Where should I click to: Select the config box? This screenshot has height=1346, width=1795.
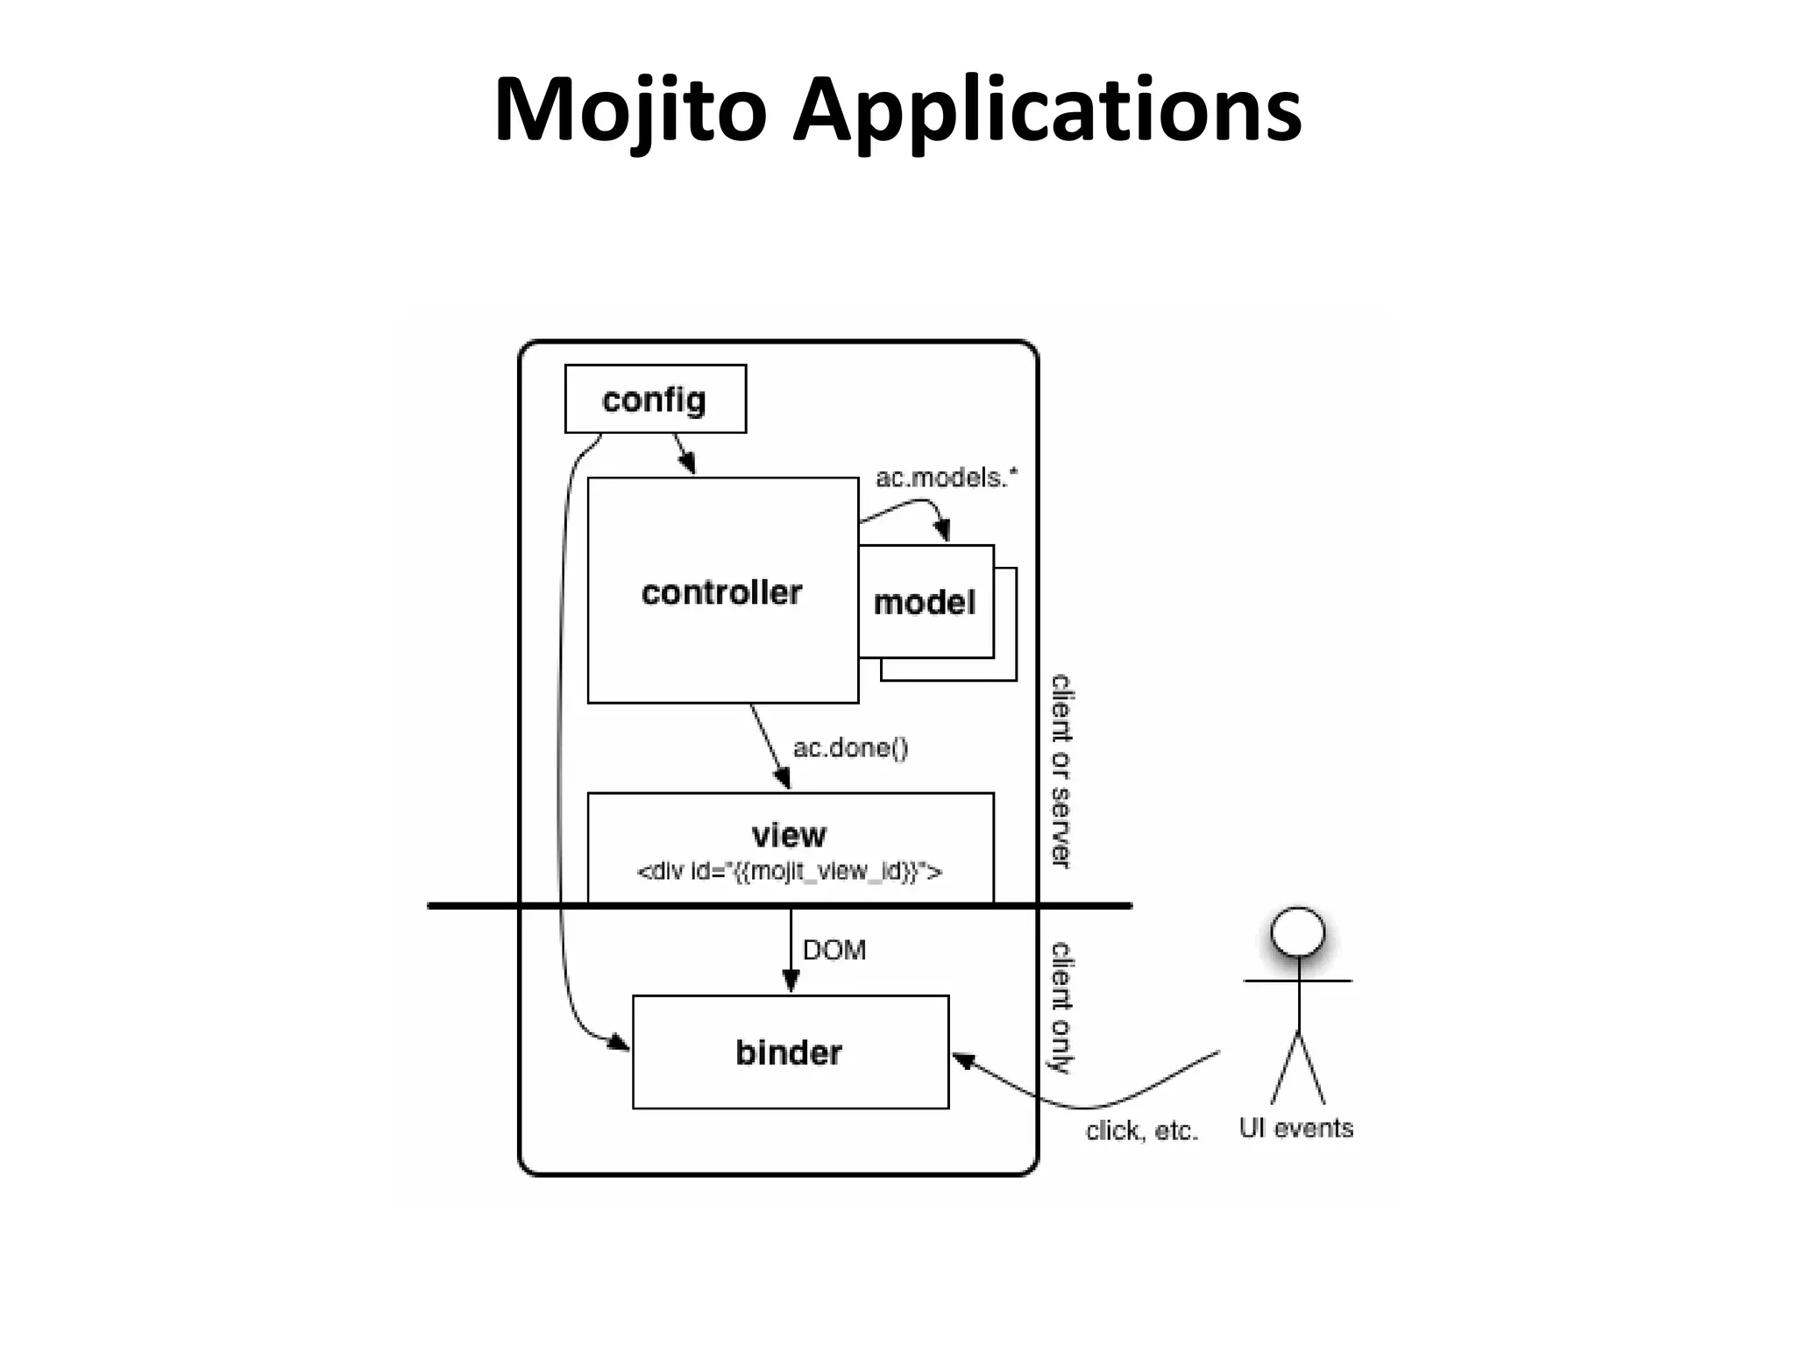(x=655, y=400)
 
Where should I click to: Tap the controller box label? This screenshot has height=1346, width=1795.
(x=721, y=593)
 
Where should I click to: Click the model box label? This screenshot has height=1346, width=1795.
(x=925, y=603)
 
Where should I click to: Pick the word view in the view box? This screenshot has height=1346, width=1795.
(x=789, y=835)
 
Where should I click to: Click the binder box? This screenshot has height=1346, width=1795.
(x=790, y=1052)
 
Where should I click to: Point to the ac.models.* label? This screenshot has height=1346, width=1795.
(x=947, y=478)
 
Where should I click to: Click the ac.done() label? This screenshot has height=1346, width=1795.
(x=850, y=748)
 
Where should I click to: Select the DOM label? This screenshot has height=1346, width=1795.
(x=834, y=951)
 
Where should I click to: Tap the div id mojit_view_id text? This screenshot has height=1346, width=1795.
(x=789, y=872)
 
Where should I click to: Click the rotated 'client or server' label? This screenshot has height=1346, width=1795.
(x=1061, y=771)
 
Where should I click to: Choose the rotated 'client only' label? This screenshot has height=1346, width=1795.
(x=1061, y=1008)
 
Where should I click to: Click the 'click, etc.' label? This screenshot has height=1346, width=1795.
(x=1141, y=1131)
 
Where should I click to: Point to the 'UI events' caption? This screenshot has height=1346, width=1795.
(x=1295, y=1129)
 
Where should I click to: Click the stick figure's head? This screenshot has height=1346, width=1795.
(x=1298, y=931)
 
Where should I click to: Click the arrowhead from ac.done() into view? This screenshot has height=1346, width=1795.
(x=782, y=778)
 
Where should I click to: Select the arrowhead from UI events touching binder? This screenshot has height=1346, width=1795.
(x=962, y=1060)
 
